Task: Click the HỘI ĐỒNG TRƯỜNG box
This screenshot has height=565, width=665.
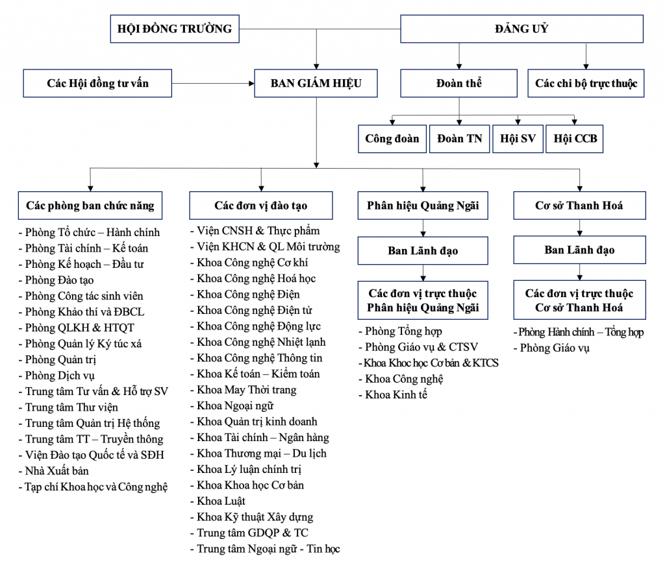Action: [175, 29]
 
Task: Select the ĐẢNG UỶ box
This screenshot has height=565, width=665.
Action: [521, 29]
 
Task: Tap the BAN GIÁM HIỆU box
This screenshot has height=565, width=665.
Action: [316, 84]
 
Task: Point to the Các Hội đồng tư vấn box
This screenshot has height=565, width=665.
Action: [97, 84]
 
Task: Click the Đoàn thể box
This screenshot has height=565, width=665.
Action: [459, 84]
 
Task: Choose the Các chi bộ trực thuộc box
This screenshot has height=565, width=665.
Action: [586, 84]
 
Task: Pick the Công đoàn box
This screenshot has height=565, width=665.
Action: [392, 139]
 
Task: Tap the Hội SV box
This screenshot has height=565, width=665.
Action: [518, 139]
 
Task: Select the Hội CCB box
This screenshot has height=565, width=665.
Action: [575, 139]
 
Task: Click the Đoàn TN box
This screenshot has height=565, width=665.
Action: [459, 139]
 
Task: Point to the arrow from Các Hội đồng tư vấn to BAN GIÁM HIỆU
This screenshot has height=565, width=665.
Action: [213, 84]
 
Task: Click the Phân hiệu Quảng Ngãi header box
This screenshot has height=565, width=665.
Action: [423, 206]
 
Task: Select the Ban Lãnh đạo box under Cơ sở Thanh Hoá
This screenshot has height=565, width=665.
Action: [580, 250]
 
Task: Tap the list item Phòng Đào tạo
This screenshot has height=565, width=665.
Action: [56, 280]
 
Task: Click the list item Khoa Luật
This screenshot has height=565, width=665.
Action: [218, 501]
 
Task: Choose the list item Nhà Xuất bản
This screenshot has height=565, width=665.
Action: [53, 471]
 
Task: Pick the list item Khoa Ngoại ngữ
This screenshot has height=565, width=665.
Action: [232, 406]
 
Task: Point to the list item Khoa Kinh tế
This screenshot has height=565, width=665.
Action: [393, 395]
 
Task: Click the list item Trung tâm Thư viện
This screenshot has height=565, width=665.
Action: [68, 407]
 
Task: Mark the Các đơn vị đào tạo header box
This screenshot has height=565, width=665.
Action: [261, 206]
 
